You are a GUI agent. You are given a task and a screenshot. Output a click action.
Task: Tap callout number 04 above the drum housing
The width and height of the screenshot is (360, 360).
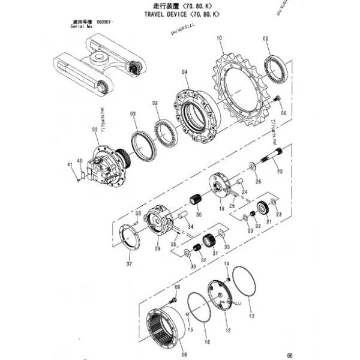(184, 72)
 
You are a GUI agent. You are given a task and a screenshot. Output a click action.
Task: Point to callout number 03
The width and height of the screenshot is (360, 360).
(133, 113)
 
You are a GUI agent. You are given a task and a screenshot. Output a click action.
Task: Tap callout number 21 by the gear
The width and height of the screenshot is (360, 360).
(268, 222)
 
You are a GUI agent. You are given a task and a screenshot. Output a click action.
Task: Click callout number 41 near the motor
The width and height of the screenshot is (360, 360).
(70, 164)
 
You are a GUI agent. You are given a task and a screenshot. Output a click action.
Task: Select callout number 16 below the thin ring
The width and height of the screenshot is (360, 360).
(207, 343)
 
